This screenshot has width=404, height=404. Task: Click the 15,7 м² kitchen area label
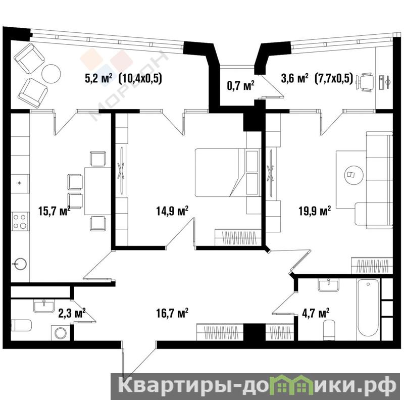click(x=55, y=211)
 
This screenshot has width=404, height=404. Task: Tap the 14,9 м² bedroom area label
click(x=172, y=211)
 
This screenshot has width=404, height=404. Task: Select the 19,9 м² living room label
click(x=315, y=211)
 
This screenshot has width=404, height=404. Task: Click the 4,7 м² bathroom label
click(x=315, y=313)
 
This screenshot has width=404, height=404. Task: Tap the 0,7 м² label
click(x=241, y=85)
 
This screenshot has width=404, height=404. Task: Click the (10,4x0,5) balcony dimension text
click(x=140, y=79)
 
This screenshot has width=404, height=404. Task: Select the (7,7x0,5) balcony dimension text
click(x=334, y=78)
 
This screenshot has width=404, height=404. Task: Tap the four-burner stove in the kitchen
click(x=20, y=221)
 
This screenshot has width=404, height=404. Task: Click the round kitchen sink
click(x=20, y=264)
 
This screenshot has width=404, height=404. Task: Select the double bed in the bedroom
click(x=227, y=172)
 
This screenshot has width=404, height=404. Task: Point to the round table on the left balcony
click(x=52, y=73)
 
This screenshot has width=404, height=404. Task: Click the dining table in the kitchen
click(x=98, y=191)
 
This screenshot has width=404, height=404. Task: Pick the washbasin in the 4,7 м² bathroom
click(x=329, y=285)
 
